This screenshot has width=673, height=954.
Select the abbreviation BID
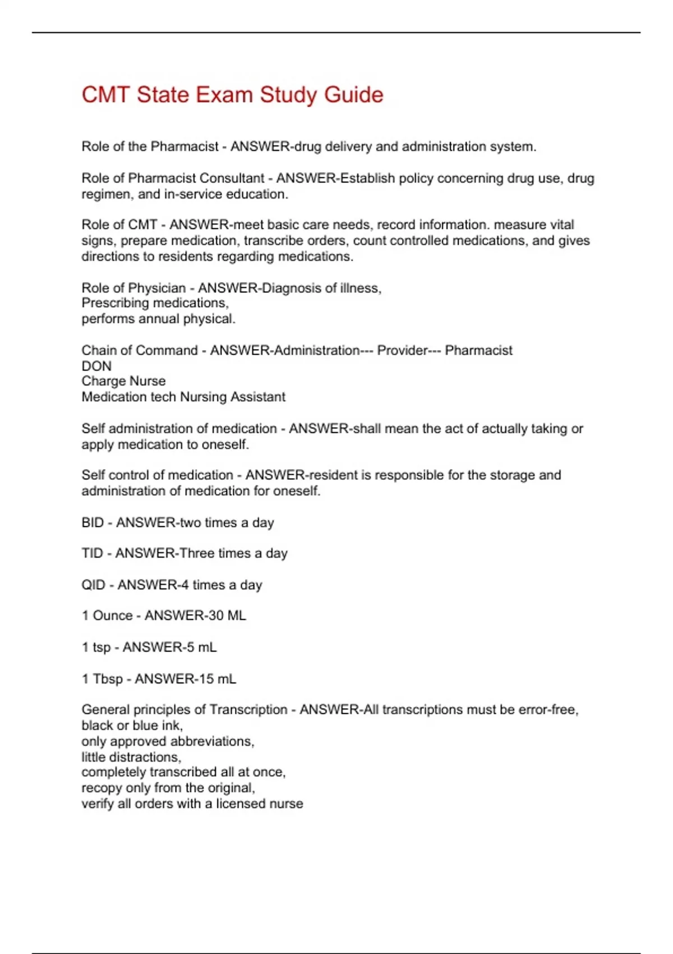pyautogui.click(x=93, y=522)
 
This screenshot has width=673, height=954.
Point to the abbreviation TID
pyautogui.click(x=92, y=553)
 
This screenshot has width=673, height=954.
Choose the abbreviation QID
pyautogui.click(x=93, y=585)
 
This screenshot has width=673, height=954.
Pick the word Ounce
pyautogui.click(x=113, y=616)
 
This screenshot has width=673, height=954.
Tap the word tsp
pyautogui.click(x=102, y=648)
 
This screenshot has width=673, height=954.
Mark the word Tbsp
pyautogui.click(x=108, y=679)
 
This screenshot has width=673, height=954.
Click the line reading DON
pyautogui.click(x=96, y=366)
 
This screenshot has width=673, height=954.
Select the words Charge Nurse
pyautogui.click(x=123, y=381)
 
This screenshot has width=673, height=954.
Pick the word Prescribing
pyautogui.click(x=115, y=303)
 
